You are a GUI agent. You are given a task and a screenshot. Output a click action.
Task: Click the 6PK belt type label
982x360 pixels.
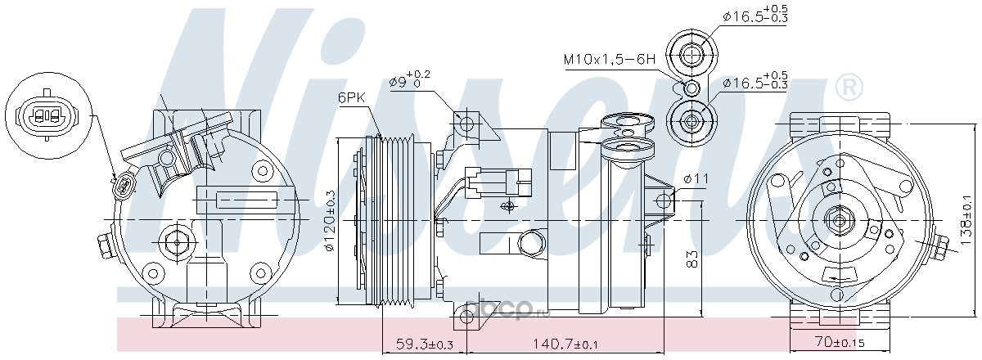click(x=351, y=97)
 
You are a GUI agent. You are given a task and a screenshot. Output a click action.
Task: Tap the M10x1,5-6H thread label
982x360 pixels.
click(x=609, y=59)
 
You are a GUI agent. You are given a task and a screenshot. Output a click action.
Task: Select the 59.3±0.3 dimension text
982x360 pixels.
click(x=424, y=344)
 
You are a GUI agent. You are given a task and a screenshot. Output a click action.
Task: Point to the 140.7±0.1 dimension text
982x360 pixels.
click(x=565, y=344)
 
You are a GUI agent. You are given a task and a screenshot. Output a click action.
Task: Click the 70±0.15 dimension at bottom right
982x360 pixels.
click(x=839, y=342)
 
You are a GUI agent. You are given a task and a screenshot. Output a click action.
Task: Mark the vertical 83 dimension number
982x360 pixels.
click(x=691, y=259)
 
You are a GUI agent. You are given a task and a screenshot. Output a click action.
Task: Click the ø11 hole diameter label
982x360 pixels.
click(x=696, y=178)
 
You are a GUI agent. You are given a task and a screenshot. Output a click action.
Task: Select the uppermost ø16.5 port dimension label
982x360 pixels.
click(x=755, y=14)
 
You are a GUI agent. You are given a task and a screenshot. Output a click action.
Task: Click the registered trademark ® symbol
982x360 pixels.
click(x=849, y=88)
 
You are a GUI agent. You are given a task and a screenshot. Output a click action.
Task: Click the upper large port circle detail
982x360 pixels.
click(x=691, y=56)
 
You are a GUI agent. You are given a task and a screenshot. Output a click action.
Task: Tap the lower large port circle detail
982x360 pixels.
click(x=691, y=120)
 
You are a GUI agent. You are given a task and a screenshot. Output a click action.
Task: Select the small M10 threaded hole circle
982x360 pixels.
click(x=691, y=88)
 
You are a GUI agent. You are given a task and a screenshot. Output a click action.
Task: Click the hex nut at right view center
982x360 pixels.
click(x=839, y=221)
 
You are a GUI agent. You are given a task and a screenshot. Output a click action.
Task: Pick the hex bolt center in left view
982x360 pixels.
click(x=177, y=242)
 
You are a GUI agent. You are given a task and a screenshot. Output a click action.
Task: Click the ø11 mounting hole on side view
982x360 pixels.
click(x=664, y=201)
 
